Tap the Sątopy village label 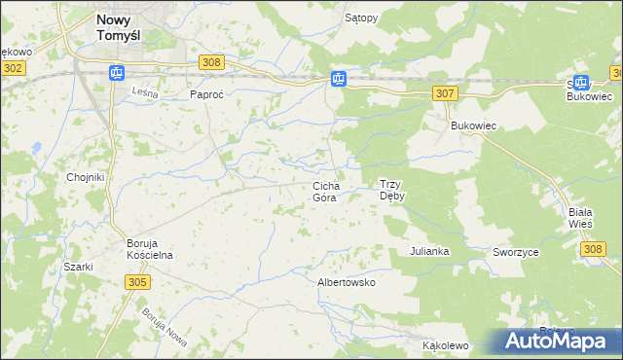coord(361,18)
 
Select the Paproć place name coord(207,95)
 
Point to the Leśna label coord(143,91)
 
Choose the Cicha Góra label coord(324,191)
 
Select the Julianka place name coord(428,251)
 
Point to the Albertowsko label coord(347,282)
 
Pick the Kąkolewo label coord(446,345)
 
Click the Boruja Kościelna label coord(149,248)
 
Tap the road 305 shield coord(137,281)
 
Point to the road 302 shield coord(13,68)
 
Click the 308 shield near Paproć coord(212,61)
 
